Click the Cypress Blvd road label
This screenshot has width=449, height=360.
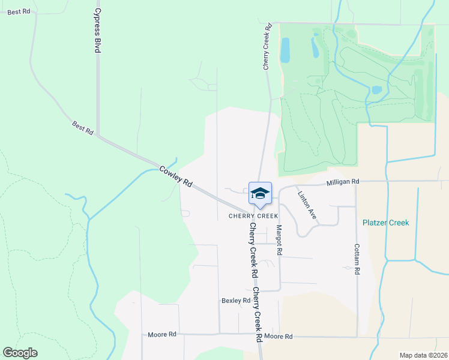click(97, 31)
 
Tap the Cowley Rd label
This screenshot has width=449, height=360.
click(175, 176)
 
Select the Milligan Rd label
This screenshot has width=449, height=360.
click(342, 181)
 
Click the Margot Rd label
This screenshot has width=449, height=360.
click(279, 238)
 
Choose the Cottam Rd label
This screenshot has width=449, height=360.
click(357, 259)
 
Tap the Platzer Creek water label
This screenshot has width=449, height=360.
click(385, 223)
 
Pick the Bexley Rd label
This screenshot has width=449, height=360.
click(235, 300)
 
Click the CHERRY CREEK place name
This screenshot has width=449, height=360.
click(253, 215)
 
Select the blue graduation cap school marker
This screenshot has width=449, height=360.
click(260, 193)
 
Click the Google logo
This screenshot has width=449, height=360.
click(20, 353)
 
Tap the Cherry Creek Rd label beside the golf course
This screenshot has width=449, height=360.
click(267, 46)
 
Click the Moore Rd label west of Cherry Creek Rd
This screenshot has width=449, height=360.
click(162, 334)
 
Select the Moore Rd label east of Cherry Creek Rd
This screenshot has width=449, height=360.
click(278, 337)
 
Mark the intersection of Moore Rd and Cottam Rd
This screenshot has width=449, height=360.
click(357, 336)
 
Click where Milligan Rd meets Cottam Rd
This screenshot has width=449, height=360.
click(357, 181)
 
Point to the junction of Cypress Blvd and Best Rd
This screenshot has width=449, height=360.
click(98, 135)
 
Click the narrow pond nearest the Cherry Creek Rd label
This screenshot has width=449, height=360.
click(285, 50)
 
